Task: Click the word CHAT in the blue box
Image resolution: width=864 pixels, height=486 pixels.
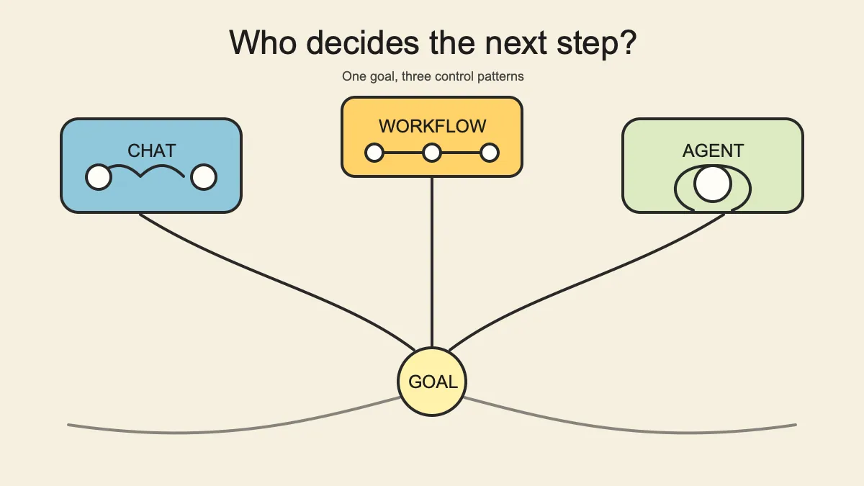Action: pos(152,150)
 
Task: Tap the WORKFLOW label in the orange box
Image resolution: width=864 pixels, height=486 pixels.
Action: pos(433,126)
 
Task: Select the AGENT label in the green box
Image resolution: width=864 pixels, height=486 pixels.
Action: pos(714,150)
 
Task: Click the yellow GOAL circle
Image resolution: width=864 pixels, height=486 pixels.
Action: pos(432,382)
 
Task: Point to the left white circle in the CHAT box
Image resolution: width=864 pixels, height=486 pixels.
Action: pos(99,177)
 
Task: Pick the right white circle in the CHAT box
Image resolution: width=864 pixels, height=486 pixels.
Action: pos(204,177)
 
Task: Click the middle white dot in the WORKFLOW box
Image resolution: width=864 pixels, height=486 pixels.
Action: pos(432,153)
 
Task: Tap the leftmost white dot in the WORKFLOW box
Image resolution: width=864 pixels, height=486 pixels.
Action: pos(374,153)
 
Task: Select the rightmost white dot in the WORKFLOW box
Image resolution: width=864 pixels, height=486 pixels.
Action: pos(490,153)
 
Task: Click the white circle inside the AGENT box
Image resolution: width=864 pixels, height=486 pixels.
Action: pos(713,184)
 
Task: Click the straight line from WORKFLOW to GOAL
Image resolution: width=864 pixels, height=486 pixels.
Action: pos(432,262)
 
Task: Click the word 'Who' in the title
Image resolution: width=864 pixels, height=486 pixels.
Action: pos(263,42)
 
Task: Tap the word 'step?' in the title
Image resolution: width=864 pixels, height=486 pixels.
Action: pos(596,44)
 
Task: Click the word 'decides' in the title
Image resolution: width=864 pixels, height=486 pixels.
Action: pos(363,42)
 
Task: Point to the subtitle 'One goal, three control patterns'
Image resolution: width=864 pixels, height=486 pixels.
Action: pos(433,76)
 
